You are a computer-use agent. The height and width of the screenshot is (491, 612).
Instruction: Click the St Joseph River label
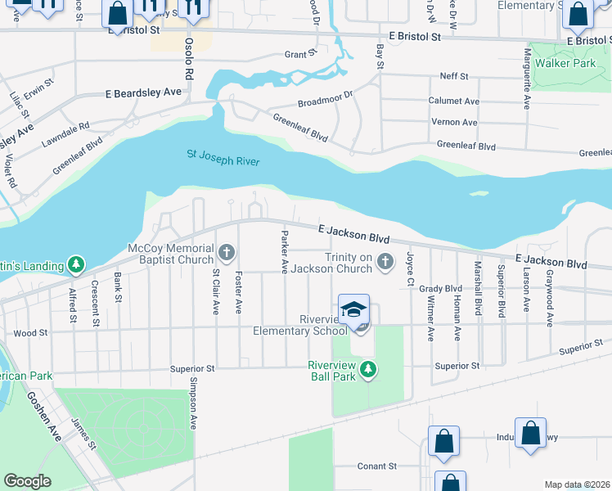click(223, 157)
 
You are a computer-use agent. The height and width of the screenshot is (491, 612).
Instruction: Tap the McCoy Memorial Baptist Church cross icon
click(227, 251)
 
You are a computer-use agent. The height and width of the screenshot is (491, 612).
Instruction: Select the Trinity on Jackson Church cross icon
click(386, 262)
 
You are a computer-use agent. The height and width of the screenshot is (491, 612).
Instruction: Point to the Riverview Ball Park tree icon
click(368, 370)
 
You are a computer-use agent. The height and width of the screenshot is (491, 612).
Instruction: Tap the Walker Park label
click(565, 63)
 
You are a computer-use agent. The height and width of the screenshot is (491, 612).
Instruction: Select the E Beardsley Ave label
click(142, 93)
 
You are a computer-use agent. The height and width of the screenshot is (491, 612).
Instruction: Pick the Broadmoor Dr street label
click(324, 98)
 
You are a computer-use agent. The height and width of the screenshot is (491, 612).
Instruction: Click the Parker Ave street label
click(285, 252)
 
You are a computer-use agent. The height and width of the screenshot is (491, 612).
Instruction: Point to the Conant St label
click(376, 466)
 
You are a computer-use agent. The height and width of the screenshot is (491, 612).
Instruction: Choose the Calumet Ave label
click(453, 101)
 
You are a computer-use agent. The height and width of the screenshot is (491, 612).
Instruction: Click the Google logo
click(27, 481)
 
